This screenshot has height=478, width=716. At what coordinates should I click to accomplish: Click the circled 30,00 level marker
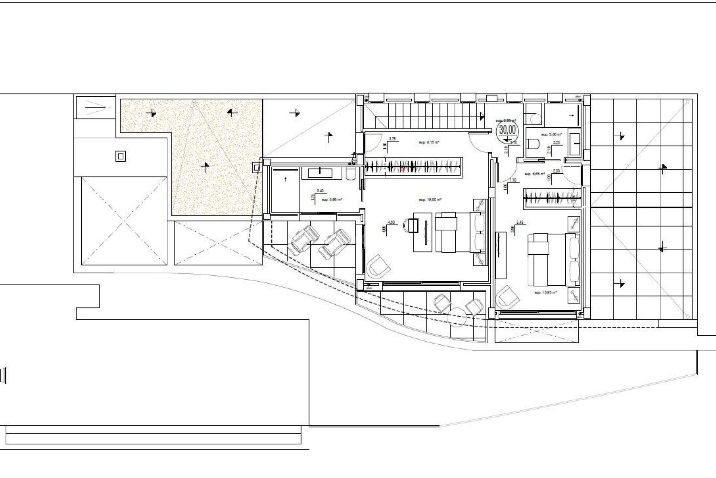point(508,130)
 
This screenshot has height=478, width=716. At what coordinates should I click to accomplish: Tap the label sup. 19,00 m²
point(430,200)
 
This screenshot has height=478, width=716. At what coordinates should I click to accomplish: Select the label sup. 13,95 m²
point(545,293)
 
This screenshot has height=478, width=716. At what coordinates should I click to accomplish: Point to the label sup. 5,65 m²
point(535,174)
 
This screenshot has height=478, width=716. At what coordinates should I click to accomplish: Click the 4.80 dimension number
point(391,222)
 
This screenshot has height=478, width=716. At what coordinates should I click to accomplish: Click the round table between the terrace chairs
point(458,314)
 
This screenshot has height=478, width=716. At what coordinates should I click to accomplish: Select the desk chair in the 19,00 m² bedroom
point(411,226)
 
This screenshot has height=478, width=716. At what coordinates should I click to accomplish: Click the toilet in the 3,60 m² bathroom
point(534,144)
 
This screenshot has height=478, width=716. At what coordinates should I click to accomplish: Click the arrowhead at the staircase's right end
point(483,117)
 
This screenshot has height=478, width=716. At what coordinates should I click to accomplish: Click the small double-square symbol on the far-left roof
point(120,156)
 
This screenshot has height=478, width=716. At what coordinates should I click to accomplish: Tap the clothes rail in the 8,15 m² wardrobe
point(414,166)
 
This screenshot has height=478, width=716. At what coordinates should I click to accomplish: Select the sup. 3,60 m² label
point(551,134)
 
